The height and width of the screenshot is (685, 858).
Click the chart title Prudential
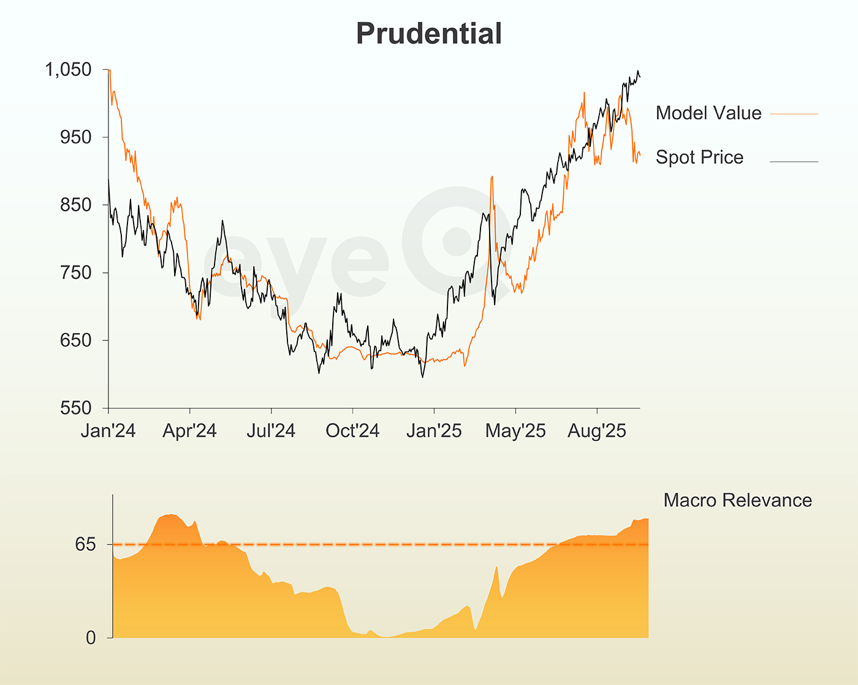(x=429, y=34)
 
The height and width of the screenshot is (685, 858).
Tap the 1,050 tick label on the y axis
(x=69, y=70)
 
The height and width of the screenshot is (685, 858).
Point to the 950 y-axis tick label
(x=77, y=137)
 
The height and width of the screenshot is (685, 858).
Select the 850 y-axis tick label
(x=77, y=205)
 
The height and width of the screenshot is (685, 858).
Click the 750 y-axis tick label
(x=77, y=273)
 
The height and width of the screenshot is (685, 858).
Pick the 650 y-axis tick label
(x=77, y=340)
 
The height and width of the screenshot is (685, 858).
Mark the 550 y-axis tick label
(x=77, y=408)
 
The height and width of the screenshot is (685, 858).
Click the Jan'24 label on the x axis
(x=108, y=431)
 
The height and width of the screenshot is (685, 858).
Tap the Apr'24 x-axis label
(x=190, y=431)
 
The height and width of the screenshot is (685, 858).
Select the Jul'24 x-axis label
(x=271, y=431)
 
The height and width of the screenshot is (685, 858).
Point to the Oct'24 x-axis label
(x=352, y=431)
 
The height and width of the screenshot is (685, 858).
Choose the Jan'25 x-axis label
(x=434, y=431)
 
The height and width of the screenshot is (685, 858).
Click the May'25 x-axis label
(x=515, y=431)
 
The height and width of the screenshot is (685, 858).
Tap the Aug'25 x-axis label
(x=597, y=431)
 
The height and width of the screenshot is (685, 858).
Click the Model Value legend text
(x=708, y=113)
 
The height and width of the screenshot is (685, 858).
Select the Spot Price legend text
(x=699, y=158)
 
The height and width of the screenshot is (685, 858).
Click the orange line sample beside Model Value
(x=794, y=114)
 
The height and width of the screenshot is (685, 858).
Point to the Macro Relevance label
(x=737, y=500)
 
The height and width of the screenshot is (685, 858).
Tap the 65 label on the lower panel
(x=86, y=544)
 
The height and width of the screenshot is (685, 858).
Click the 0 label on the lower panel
(x=91, y=638)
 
